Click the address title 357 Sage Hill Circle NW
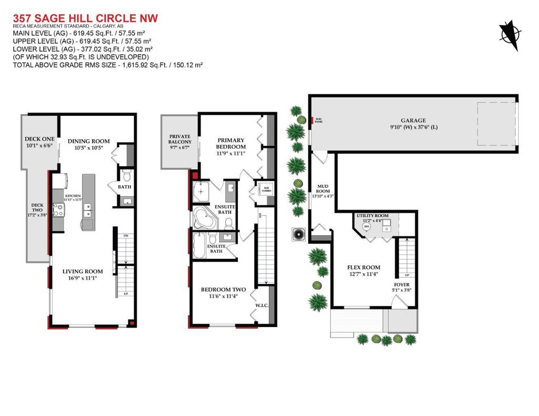pos(85,18)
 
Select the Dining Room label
pos(88,141)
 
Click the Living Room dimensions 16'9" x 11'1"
pos(83,278)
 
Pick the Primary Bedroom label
pos(231,144)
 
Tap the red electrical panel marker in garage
pos(312,120)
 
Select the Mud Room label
pos(323,188)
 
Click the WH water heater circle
pos(367,226)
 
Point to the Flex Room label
pos(363,267)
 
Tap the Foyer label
pos(402,285)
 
